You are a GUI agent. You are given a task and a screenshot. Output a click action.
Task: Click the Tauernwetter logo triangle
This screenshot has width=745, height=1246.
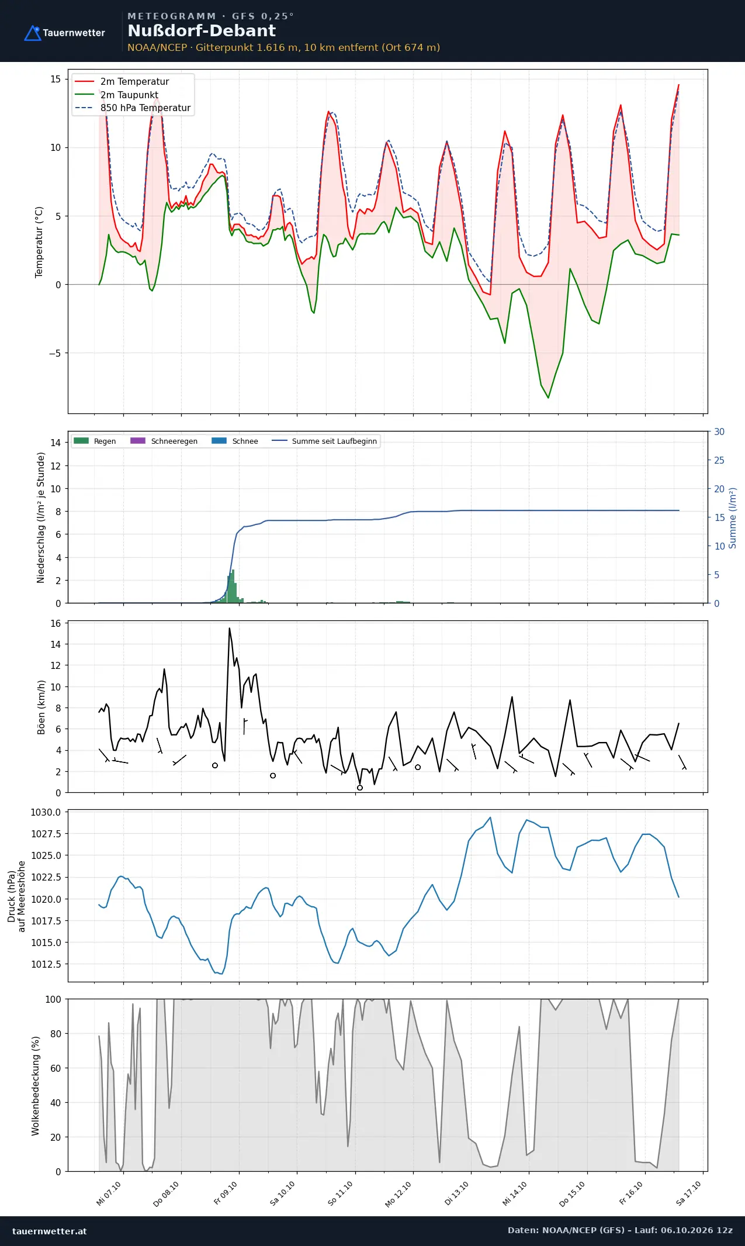[33, 33]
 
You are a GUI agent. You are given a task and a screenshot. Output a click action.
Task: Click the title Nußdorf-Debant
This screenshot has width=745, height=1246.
[202, 31]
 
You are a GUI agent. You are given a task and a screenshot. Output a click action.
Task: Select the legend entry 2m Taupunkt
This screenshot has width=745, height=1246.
[116, 95]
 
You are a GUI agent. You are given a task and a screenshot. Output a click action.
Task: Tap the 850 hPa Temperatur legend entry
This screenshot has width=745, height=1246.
[133, 108]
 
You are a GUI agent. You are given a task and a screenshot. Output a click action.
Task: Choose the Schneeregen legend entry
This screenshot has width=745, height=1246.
[164, 441]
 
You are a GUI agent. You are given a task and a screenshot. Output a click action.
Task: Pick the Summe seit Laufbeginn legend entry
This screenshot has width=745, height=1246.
[324, 441]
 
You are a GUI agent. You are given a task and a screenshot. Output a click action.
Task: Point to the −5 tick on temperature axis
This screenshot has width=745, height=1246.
[55, 353]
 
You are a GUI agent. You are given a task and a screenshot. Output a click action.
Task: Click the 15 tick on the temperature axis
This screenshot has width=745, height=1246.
[56, 79]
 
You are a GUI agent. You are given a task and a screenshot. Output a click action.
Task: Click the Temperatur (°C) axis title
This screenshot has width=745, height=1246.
[39, 242]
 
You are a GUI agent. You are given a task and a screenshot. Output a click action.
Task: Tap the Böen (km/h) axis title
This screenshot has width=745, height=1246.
[41, 707]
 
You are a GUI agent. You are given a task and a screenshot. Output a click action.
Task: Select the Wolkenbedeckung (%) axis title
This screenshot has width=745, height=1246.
[36, 1086]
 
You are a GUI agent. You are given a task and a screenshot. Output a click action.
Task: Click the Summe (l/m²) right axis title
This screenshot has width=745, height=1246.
[733, 518]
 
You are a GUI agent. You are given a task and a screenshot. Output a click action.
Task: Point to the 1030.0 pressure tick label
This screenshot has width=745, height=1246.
[46, 812]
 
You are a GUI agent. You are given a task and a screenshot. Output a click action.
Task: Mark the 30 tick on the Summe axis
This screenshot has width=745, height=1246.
[719, 432]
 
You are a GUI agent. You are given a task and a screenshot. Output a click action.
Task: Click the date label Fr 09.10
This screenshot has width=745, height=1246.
[226, 1193]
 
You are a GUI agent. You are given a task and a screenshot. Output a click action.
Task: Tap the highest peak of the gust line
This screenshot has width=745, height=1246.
[230, 629]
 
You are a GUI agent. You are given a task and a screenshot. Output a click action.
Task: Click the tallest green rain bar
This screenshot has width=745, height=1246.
[233, 586]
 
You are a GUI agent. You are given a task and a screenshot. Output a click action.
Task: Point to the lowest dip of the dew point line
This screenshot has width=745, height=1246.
[548, 398]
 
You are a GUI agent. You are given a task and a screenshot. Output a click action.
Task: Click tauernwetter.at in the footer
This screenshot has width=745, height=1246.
[49, 1231]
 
